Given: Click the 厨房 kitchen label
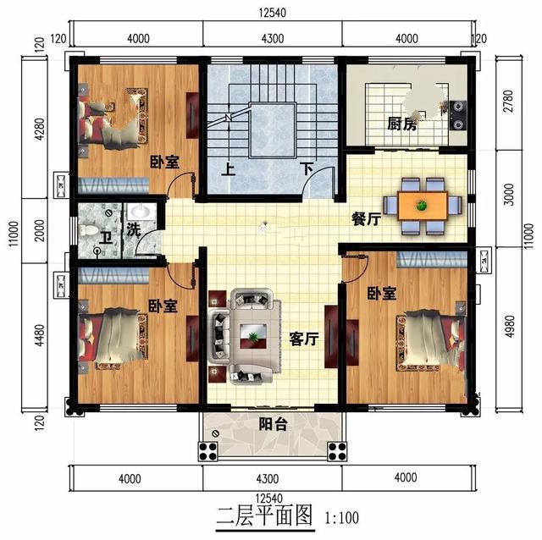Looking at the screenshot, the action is click(402, 124).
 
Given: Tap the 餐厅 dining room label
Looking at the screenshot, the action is click(367, 218).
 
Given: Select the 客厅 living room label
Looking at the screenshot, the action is click(304, 339).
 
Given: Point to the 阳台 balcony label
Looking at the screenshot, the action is click(273, 424).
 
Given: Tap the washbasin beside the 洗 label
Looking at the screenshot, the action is click(140, 211).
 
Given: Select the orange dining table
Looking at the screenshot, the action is click(423, 207).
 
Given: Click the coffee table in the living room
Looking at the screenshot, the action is click(253, 336).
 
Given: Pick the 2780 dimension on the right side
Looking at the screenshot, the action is click(508, 102).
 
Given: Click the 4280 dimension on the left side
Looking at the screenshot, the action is click(40, 129).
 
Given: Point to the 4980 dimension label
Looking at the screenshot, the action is click(509, 327).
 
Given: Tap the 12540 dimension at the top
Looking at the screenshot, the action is click(273, 13).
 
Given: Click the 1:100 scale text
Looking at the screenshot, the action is click(341, 517).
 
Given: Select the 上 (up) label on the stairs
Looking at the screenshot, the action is click(228, 169).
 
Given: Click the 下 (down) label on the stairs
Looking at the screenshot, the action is click(307, 169).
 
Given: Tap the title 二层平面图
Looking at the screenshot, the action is click(264, 515).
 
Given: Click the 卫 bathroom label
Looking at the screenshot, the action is click(106, 238).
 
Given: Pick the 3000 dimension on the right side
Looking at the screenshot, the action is click(508, 195).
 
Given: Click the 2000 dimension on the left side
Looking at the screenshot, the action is click(40, 230).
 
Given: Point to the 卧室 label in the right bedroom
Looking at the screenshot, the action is click(382, 294).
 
